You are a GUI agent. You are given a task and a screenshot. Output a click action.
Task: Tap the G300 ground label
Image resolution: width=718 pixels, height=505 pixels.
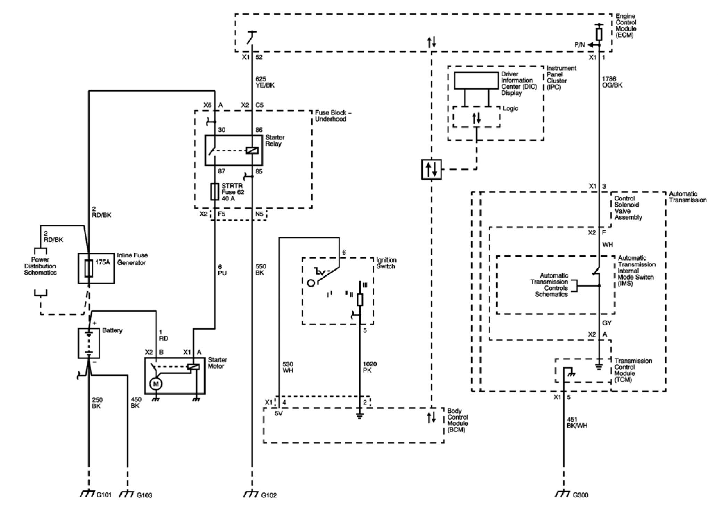pyautogui.click(x=581, y=495)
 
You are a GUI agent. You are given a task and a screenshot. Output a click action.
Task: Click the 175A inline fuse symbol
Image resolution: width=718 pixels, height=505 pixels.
pyautogui.click(x=89, y=268)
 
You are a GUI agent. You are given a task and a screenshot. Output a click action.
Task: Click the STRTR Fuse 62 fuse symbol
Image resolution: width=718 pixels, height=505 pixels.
pyautogui.click(x=215, y=192)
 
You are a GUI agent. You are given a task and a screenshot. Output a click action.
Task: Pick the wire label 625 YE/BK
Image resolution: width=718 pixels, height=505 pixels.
pyautogui.click(x=265, y=82)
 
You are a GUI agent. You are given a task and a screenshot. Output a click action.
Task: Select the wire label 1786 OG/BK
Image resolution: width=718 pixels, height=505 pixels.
pyautogui.click(x=612, y=82)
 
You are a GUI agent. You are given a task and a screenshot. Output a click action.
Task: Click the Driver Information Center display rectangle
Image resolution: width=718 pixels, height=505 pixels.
pyautogui.click(x=476, y=81)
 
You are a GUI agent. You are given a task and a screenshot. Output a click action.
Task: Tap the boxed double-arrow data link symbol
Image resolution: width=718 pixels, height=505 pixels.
pyautogui.click(x=432, y=169)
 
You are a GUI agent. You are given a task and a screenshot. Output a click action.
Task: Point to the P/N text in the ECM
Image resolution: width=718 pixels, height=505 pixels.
pyautogui.click(x=579, y=45)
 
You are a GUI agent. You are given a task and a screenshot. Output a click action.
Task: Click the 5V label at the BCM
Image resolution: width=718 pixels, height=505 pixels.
pyautogui.click(x=279, y=414)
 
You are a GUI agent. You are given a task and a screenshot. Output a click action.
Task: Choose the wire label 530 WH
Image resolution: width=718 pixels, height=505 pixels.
pyautogui.click(x=288, y=367)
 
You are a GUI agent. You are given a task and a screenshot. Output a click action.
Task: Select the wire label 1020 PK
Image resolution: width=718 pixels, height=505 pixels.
pyautogui.click(x=370, y=367)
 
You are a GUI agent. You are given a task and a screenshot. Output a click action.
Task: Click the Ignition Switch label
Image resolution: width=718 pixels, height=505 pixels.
pyautogui.click(x=386, y=263)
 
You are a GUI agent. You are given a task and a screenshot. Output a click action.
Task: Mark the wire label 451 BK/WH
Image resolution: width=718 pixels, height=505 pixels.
pyautogui.click(x=577, y=422)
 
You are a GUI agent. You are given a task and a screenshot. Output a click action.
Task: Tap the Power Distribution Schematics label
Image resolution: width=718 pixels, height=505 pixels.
pyautogui.click(x=40, y=266)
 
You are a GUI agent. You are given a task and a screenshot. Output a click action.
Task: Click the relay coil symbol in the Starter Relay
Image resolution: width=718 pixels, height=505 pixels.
pyautogui.click(x=251, y=151)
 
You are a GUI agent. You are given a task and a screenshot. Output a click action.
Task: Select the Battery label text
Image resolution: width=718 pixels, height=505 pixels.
pyautogui.click(x=112, y=330)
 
